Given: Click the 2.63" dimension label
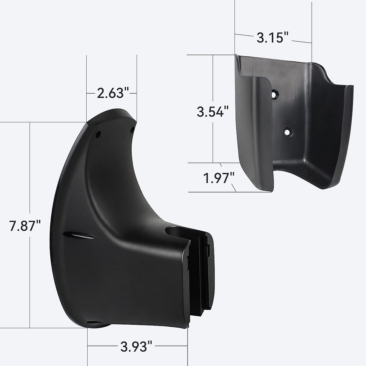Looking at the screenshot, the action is pos(113,93).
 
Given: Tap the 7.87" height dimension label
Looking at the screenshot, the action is pos(25,225).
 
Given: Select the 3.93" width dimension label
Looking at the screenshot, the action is pos(136,346).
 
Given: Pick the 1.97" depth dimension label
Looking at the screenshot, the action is pos(219,178).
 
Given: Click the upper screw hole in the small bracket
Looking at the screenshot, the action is pos(274,94).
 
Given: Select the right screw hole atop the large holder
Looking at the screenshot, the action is pos(132,130).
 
